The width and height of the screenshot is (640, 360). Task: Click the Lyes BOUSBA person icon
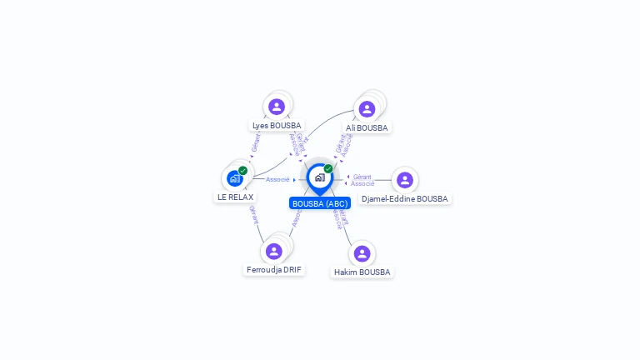(277, 107)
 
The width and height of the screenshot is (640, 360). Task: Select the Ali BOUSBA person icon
(367, 109)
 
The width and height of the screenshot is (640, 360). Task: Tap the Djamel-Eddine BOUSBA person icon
(405, 180)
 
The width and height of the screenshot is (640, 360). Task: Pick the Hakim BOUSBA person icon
(362, 253)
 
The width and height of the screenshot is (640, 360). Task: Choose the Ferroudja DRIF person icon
(274, 251)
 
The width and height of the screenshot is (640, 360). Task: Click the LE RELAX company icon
(235, 178)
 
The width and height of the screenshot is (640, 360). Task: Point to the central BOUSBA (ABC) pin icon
(319, 177)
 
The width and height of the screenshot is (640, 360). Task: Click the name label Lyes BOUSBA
(277, 126)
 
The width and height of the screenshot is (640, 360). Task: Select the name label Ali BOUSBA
(367, 128)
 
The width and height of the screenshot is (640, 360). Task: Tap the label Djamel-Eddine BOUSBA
(405, 199)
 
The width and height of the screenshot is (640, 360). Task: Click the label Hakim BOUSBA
(362, 272)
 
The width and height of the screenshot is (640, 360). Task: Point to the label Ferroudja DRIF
(274, 270)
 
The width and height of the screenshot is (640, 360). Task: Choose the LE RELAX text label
(235, 197)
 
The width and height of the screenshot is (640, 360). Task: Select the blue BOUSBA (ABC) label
(320, 203)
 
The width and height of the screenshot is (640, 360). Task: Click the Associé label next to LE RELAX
(277, 179)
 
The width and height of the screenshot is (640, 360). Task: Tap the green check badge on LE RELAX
(243, 170)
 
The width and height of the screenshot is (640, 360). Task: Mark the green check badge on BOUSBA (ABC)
(328, 168)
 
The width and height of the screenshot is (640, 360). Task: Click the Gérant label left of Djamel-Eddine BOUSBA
(362, 177)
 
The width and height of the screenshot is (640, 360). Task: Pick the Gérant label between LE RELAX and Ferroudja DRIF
(252, 215)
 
